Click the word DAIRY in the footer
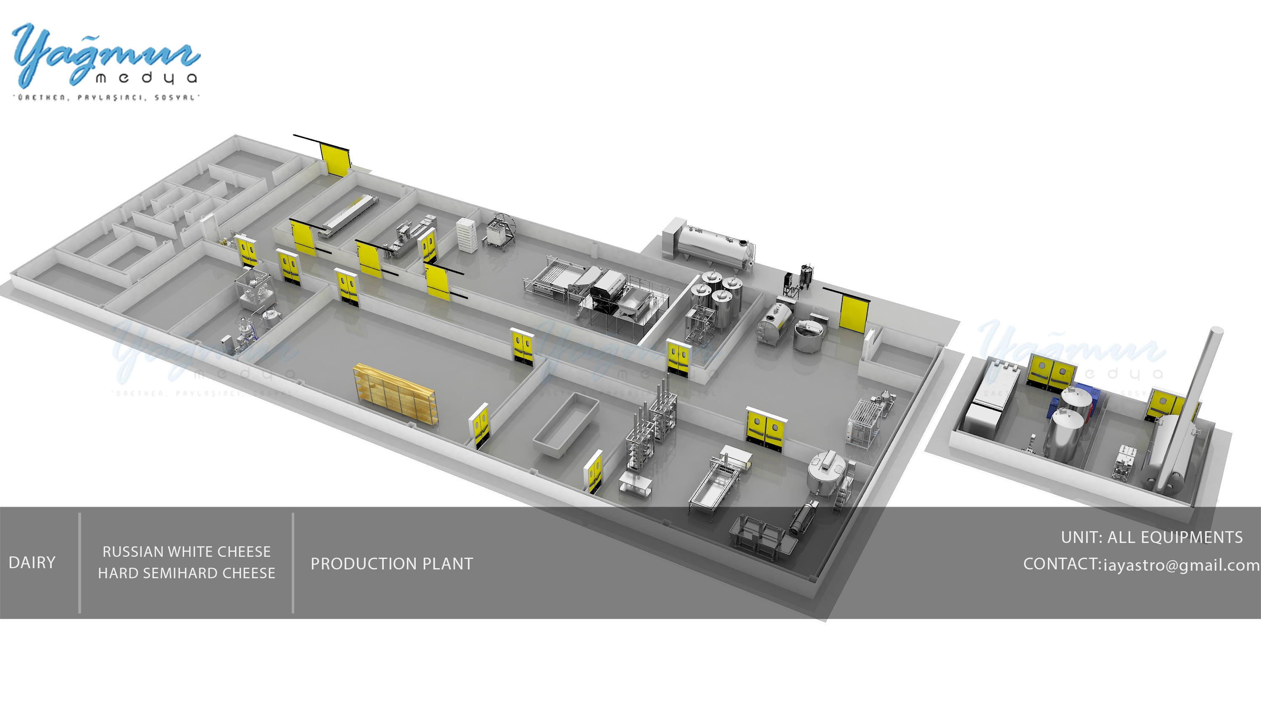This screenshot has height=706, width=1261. tap(32, 563)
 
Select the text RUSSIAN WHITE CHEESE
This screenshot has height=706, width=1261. tap(186, 552)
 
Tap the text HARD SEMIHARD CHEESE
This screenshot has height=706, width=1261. tap(186, 573)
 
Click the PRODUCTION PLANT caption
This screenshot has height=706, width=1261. tap(392, 564)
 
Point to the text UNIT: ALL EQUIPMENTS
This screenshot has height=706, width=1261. tap(1151, 537)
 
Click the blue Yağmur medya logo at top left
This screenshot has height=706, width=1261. tap(105, 56)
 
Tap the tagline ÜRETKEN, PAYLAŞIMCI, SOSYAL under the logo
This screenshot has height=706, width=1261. tap(106, 97)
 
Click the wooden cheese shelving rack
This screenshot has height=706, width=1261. tap(396, 394)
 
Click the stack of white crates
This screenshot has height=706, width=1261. tap(466, 235)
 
